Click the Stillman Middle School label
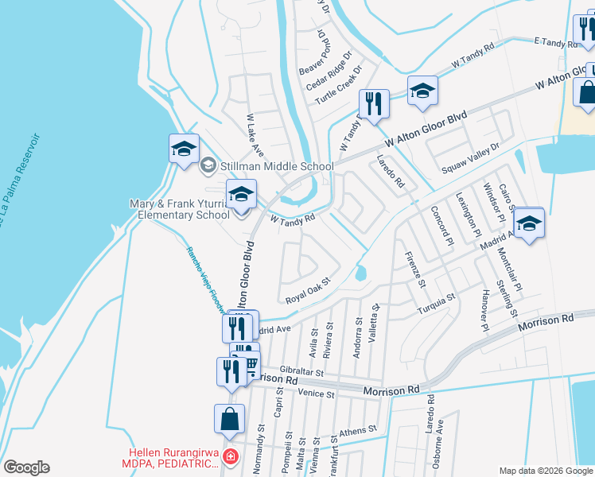(x=276, y=166)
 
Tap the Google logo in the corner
(x=26, y=467)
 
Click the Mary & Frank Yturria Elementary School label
(x=179, y=209)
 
